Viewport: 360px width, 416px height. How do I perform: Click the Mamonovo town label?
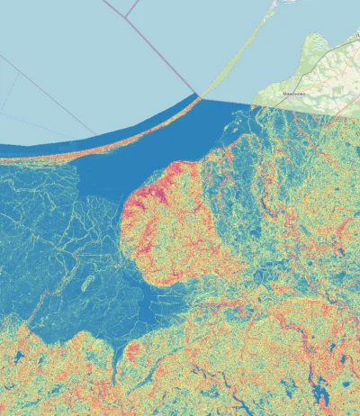point(296,92)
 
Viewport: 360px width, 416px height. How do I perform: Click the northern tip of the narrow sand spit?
point(275,3)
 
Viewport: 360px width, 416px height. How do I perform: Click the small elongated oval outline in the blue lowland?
point(88,285)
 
